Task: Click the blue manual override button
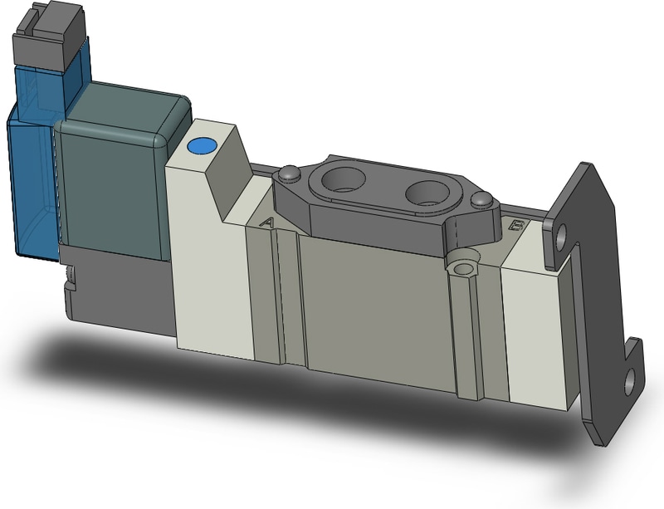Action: point(201,147)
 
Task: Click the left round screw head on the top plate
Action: point(288,174)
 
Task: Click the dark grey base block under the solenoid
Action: point(116,291)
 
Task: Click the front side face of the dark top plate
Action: point(373,228)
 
